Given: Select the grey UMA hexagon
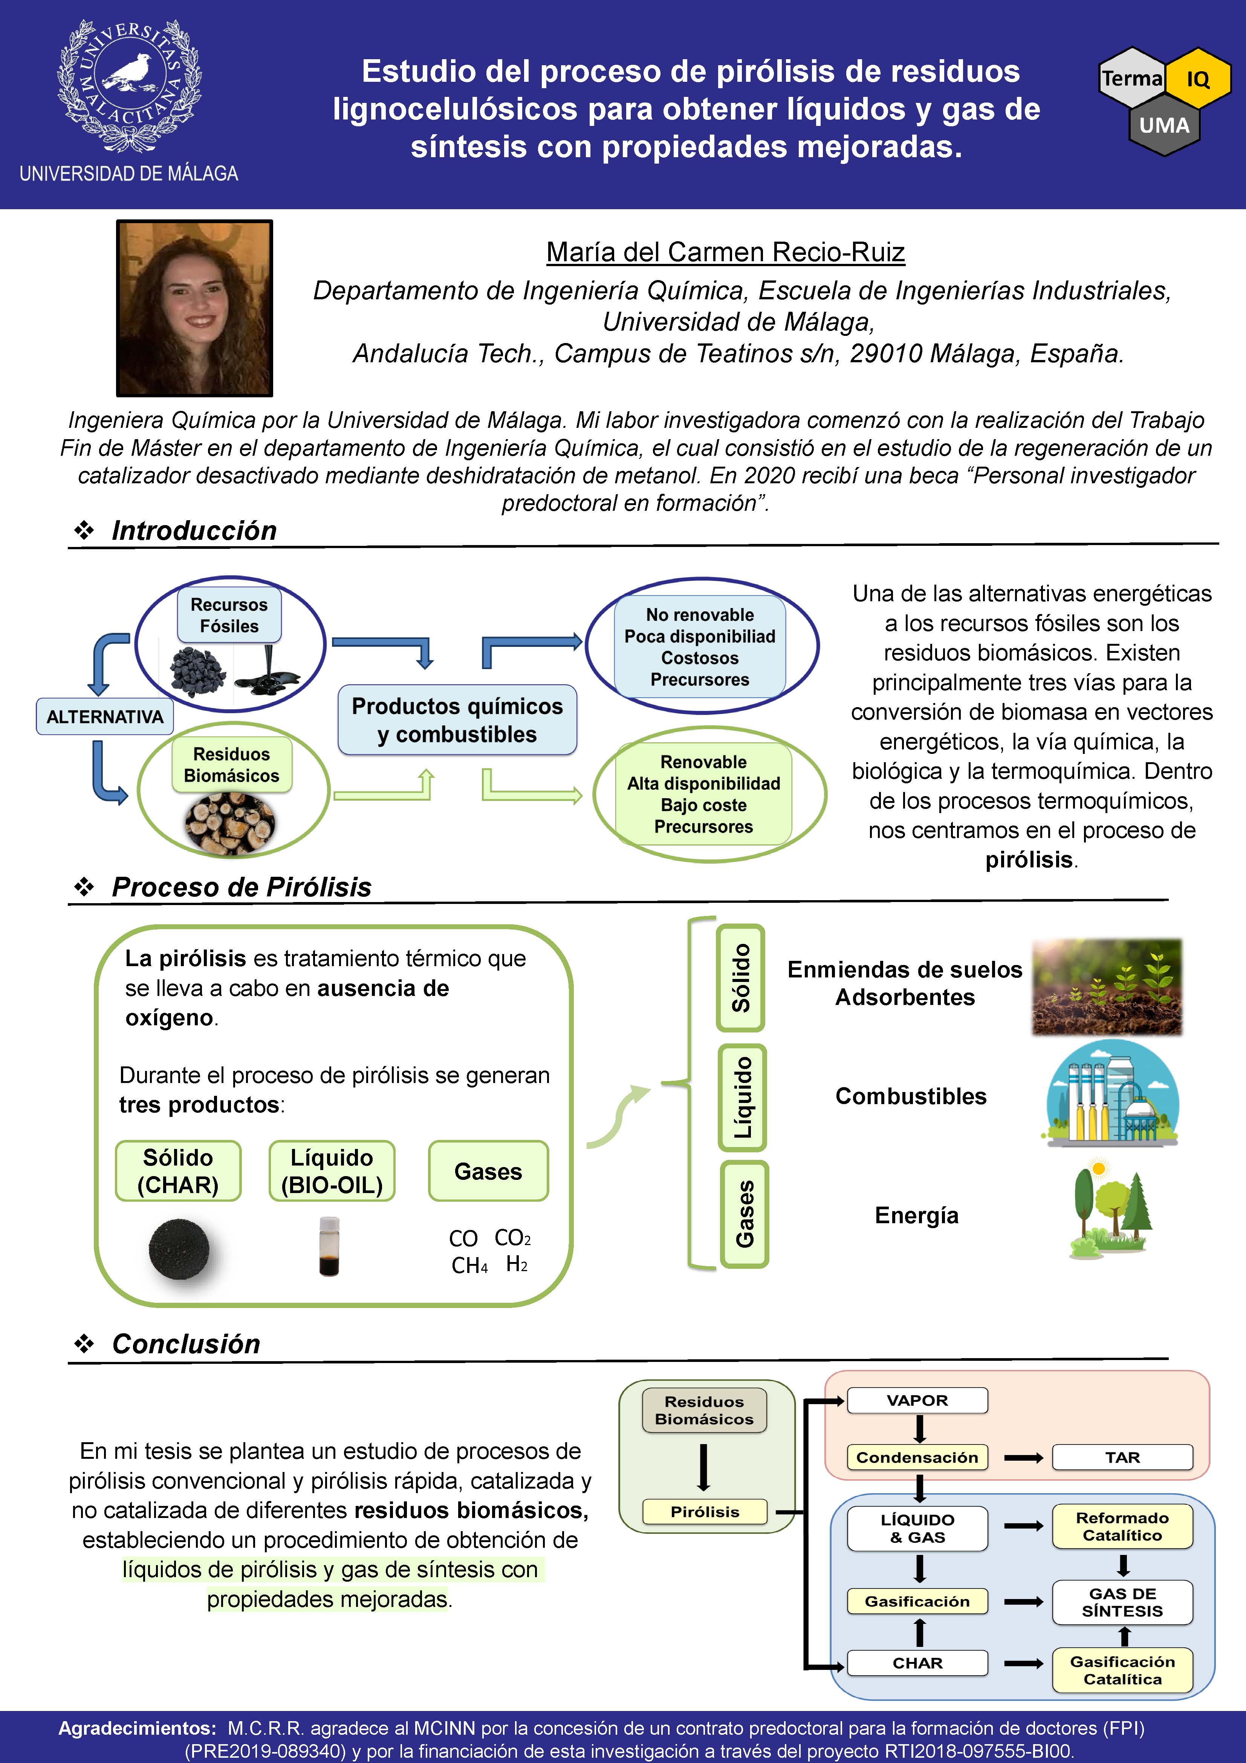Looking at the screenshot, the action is (x=1164, y=125).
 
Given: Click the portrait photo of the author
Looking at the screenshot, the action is (x=194, y=308).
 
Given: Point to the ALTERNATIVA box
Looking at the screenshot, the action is (x=105, y=717).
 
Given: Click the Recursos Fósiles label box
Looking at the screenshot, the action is (x=229, y=615).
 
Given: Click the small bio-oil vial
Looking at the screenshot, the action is (x=329, y=1247).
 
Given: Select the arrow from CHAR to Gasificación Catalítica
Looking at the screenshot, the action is (x=1023, y=1664).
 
